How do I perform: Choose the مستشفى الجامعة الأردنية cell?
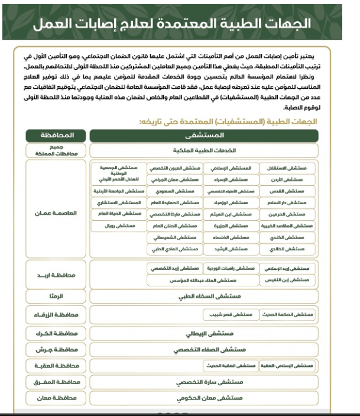[x=119, y=191]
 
